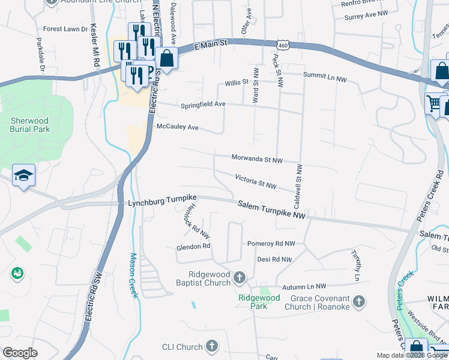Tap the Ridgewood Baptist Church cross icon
pyautogui.click(x=240, y=277)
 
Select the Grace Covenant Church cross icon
pyautogui.click(x=359, y=301)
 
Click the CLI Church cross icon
pyautogui.click(x=211, y=346)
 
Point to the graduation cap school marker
pyautogui.click(x=23, y=175)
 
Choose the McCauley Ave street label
pyautogui.click(x=177, y=127)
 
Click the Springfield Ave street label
pyautogui.click(x=203, y=104)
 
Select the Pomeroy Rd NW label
pyautogui.click(x=271, y=244)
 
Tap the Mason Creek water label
pyautogui.click(x=134, y=274)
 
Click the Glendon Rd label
pyautogui.click(x=193, y=246)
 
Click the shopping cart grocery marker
pyautogui.click(x=433, y=103)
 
